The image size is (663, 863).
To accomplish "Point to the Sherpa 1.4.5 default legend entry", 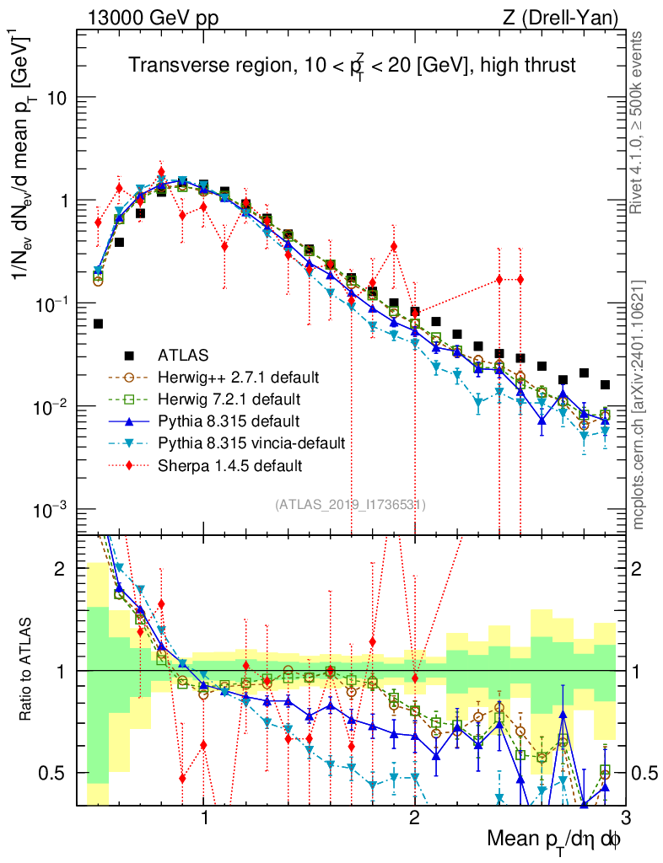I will coord(227,464).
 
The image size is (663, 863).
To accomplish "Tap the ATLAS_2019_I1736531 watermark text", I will coord(350,505).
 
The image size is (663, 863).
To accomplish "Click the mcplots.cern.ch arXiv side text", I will coord(641,405).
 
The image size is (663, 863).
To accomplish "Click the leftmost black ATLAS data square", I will coord(99,324).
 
